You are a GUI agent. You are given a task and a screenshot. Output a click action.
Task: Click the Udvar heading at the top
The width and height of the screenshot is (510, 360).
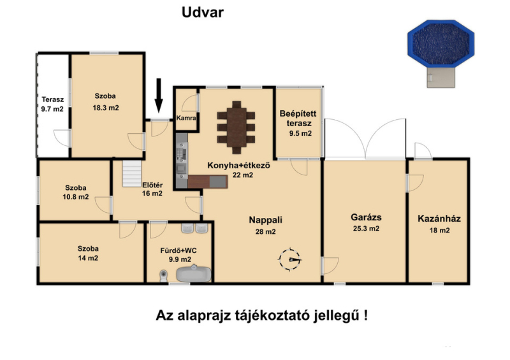[x=202, y=12]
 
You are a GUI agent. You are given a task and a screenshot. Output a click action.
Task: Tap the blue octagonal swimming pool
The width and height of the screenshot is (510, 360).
[x=441, y=43]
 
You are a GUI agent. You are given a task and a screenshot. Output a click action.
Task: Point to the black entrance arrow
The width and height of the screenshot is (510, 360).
[x=159, y=96]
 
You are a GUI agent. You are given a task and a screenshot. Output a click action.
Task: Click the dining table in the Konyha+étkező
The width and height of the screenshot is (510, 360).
[x=237, y=127]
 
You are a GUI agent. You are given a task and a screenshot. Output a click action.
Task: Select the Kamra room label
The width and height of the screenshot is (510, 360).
[x=186, y=118]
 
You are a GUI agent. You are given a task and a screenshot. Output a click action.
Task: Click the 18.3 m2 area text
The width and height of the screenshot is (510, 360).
[x=106, y=108]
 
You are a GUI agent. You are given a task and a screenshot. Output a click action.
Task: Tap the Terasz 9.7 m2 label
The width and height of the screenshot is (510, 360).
[x=52, y=104]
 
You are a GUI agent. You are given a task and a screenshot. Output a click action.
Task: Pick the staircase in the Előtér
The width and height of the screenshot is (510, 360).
[x=132, y=174]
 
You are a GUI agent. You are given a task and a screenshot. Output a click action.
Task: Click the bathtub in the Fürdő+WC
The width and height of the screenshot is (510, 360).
[x=194, y=273]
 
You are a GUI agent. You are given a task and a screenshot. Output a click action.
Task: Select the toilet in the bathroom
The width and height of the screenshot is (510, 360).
[x=164, y=276]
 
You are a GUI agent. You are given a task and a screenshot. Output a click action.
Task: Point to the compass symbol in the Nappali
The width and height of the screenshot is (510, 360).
[x=289, y=259]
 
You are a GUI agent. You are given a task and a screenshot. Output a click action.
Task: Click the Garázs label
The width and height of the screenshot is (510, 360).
[x=366, y=217]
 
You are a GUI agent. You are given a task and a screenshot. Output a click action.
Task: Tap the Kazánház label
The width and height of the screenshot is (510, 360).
[x=439, y=218]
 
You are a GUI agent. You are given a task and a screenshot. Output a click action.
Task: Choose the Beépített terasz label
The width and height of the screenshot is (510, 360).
[x=298, y=119]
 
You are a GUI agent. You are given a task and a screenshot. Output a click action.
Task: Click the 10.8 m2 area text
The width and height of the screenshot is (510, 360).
[x=75, y=197]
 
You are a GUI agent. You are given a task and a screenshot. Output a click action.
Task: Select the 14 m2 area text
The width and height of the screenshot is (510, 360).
[x=88, y=258]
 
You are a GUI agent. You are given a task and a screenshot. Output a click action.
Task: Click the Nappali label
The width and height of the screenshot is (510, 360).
[x=265, y=220]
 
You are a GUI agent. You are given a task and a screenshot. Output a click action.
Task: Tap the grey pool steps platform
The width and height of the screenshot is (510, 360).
[x=441, y=77]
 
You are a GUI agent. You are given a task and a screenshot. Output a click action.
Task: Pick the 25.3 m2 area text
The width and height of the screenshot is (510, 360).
[x=366, y=228]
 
